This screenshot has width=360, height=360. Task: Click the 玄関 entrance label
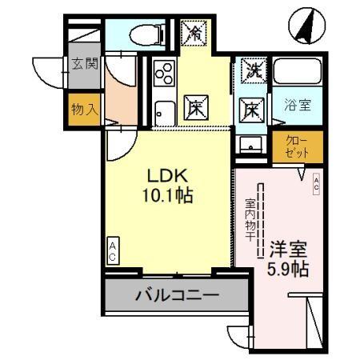[x=84, y=64]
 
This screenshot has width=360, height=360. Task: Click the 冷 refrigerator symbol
[x=194, y=33]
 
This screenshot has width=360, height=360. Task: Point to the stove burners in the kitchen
[x=163, y=74]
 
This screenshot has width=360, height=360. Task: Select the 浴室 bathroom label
[x=300, y=103]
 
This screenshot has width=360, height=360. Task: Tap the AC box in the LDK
[x=113, y=253]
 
